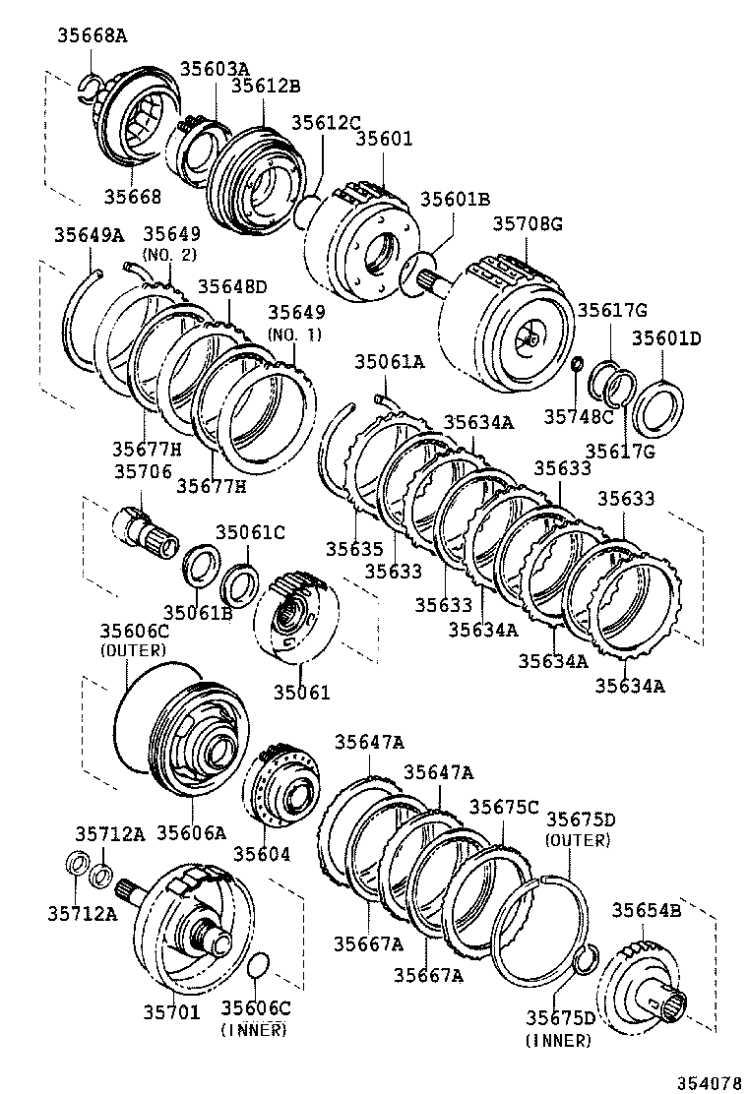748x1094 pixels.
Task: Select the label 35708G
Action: pos(527,224)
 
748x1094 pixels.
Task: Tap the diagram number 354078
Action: pos(706,1082)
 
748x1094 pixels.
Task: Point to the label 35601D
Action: pos(666,337)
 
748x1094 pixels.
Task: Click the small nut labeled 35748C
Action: pos(577,366)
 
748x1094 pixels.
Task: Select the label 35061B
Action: pos(197,612)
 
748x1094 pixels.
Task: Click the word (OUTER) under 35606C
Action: pos(134,650)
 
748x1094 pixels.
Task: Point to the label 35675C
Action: pos(503,807)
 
